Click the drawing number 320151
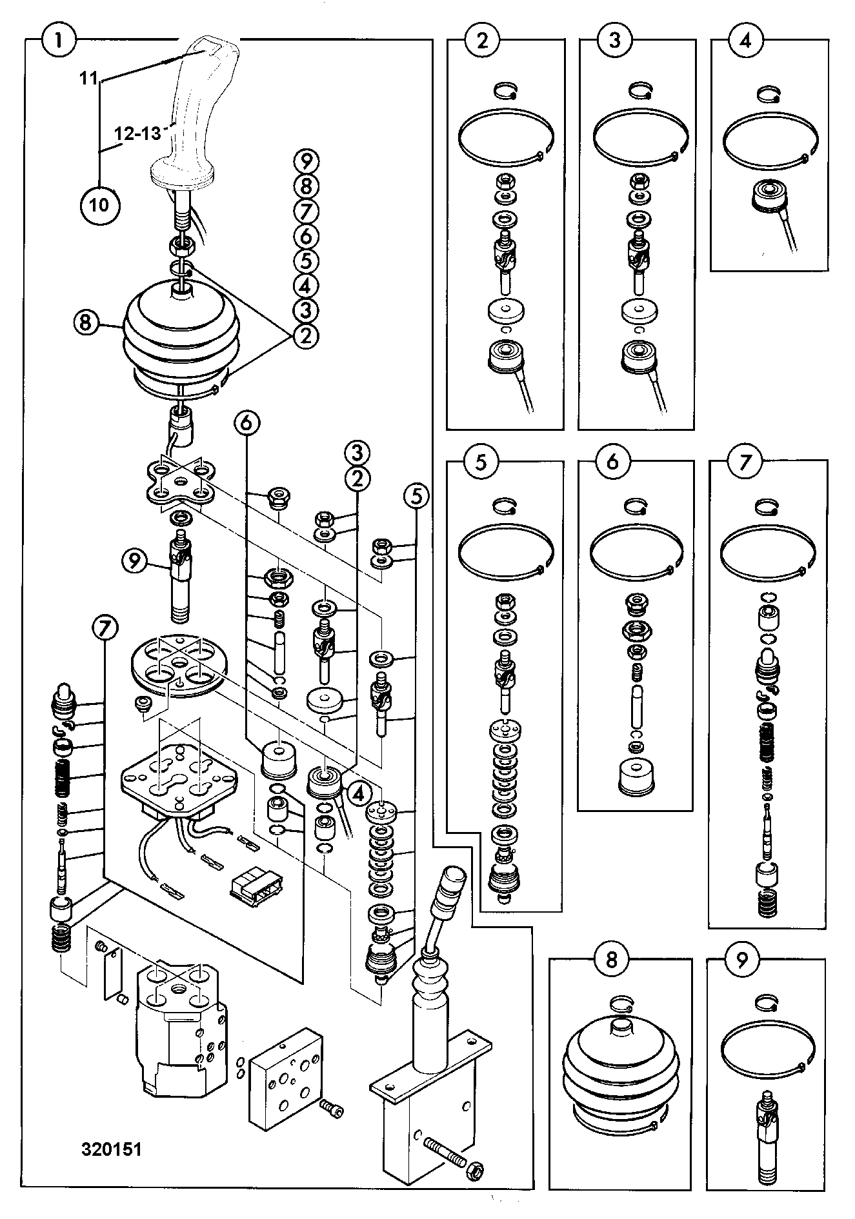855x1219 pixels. [111, 1149]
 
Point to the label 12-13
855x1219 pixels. [137, 134]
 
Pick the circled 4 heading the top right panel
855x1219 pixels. [745, 41]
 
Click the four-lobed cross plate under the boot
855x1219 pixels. [178, 481]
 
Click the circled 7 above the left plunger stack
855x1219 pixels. [105, 628]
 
